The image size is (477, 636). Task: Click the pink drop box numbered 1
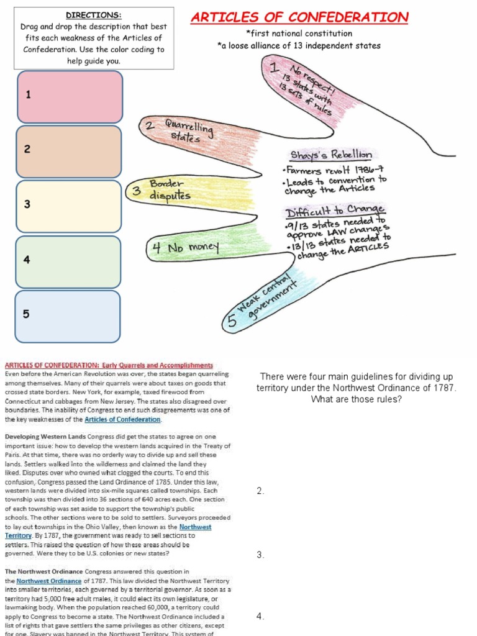[70, 96]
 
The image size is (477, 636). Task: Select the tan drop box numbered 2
[70, 151]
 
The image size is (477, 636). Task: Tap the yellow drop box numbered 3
[70, 206]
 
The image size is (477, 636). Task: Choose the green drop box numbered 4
[70, 261]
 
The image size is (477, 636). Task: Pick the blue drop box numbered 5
[70, 316]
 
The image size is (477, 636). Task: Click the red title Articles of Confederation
[299, 17]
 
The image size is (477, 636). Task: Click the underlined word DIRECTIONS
[93, 15]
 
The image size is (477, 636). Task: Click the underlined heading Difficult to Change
[335, 210]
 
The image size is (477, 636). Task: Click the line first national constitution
[299, 33]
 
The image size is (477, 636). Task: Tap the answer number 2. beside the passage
[261, 491]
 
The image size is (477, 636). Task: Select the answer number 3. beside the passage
[261, 555]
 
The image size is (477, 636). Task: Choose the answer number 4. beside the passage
[261, 616]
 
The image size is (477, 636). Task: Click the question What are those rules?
[356, 399]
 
